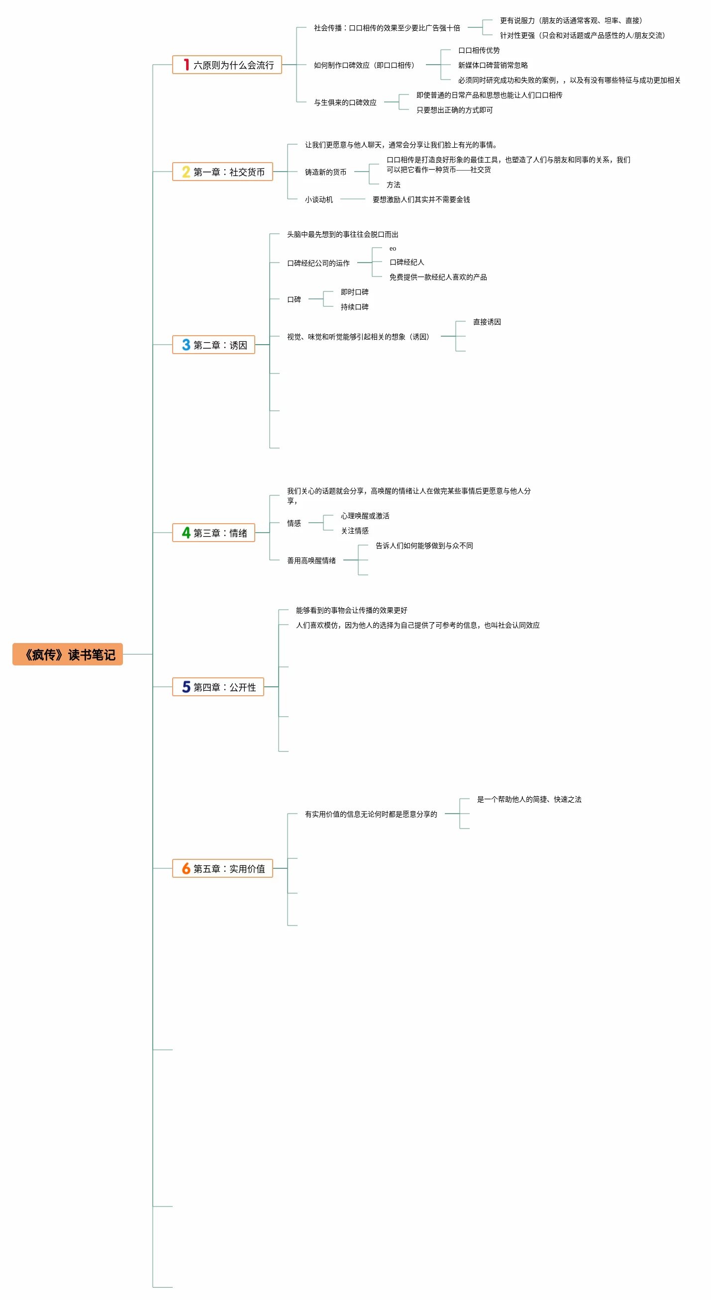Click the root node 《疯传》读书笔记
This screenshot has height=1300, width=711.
click(68, 654)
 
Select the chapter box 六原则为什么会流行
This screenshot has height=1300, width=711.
click(227, 65)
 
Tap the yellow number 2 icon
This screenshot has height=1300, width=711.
click(186, 172)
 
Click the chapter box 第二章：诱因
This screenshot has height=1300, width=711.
click(213, 345)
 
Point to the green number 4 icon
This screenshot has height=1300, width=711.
click(186, 533)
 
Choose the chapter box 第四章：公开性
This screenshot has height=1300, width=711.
click(218, 687)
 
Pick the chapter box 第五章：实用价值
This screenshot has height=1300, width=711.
click(222, 868)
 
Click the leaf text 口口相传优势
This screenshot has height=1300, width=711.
click(479, 50)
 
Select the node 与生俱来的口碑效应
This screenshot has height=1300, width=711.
click(345, 102)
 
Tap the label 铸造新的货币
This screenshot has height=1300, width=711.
click(325, 172)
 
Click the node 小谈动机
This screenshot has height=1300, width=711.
click(318, 199)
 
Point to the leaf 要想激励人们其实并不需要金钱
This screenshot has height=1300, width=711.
click(421, 199)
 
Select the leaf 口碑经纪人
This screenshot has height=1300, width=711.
click(406, 262)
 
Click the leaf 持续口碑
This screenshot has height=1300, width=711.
click(354, 307)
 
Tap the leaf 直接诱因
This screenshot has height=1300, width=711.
click(487, 322)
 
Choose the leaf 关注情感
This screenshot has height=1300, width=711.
click(354, 531)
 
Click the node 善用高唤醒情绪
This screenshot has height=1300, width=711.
click(311, 560)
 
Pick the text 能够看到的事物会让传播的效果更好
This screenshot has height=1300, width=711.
click(351, 610)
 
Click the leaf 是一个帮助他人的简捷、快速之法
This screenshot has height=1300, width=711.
click(529, 799)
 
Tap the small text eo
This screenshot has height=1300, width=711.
click(393, 248)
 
